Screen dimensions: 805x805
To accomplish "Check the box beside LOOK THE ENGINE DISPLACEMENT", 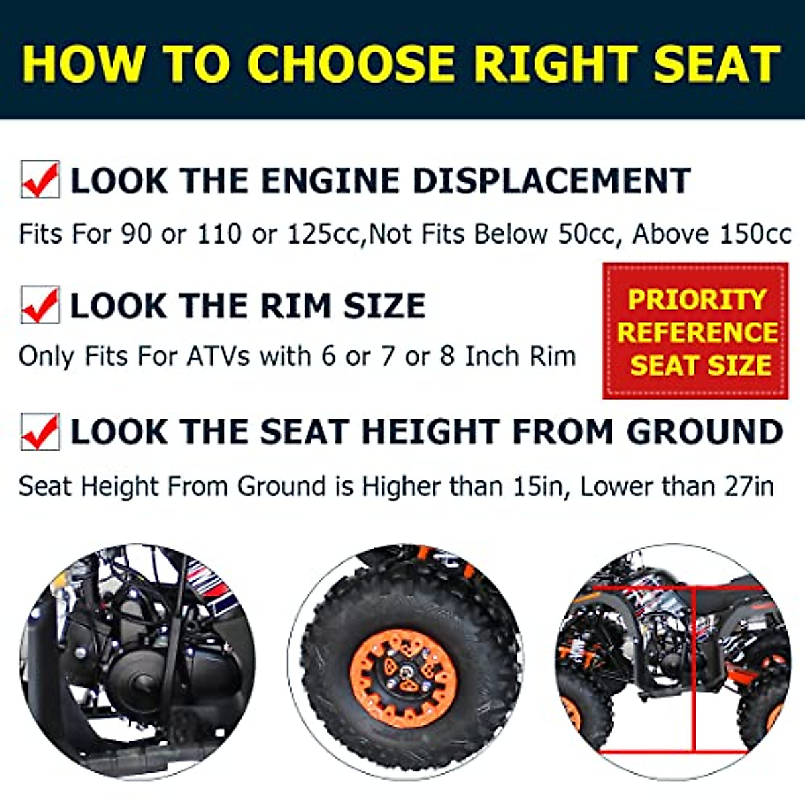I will [x=40, y=179].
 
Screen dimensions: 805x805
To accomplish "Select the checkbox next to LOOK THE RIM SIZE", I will [x=40, y=305].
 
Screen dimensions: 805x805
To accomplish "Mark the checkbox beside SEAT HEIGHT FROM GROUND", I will [x=40, y=431].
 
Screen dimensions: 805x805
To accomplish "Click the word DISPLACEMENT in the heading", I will [x=551, y=180].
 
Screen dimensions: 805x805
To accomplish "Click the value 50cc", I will [x=588, y=234].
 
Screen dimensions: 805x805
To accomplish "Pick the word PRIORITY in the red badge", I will [x=696, y=299].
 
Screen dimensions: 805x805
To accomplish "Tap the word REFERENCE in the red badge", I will [x=697, y=332].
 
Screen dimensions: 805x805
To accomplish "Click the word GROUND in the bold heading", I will [x=704, y=431].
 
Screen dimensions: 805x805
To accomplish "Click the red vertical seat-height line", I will [x=693, y=671].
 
